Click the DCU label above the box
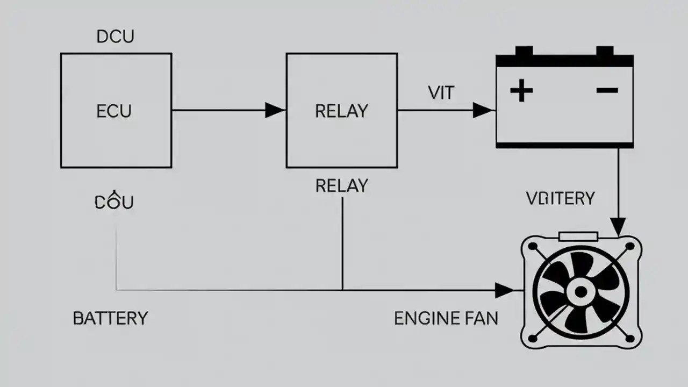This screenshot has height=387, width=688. coord(115,37)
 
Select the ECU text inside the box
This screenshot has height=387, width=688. coord(114,111)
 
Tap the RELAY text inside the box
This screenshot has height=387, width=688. coord(341,111)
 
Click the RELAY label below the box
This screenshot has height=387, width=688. coord(341,186)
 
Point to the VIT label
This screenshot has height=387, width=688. coord(441,92)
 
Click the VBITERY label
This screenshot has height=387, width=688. coord(560,198)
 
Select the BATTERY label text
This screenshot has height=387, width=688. coord(110,318)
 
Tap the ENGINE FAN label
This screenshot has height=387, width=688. coord(446,318)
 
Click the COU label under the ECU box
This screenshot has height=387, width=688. coord(114,202)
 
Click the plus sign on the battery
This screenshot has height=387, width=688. coord(521,90)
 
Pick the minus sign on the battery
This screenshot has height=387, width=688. coord(607,90)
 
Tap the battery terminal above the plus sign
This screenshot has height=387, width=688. coord(524,51)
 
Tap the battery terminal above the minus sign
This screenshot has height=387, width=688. coord(605,51)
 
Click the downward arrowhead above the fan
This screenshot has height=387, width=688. coord(619,226)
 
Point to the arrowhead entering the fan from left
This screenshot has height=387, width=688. coord(505,290)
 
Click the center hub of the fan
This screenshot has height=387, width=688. coord(580,292)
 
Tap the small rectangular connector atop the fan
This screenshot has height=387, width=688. coord(578,236)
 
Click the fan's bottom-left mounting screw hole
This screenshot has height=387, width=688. coord(533,338)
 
